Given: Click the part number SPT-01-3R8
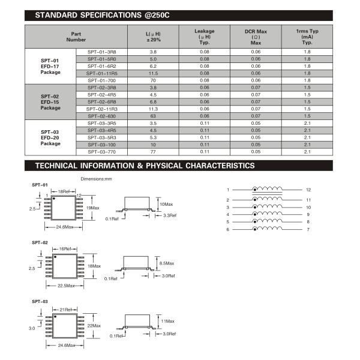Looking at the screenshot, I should pyautogui.click(x=102, y=52).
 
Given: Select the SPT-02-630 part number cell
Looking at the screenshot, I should pyautogui.click(x=102, y=115).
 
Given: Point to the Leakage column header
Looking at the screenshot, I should pyautogui.click(x=205, y=37).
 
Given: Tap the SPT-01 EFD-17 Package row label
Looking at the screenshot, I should pyautogui.click(x=50, y=66).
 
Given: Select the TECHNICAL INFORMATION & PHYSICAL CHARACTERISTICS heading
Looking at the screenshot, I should pyautogui.click(x=145, y=165).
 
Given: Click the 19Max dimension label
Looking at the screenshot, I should pyautogui.click(x=93, y=206).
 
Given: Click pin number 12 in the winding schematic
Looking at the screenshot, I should pyautogui.click(x=308, y=189).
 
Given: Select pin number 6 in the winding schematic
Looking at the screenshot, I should pyautogui.click(x=228, y=229).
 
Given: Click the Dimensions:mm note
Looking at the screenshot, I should pyautogui.click(x=96, y=178).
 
